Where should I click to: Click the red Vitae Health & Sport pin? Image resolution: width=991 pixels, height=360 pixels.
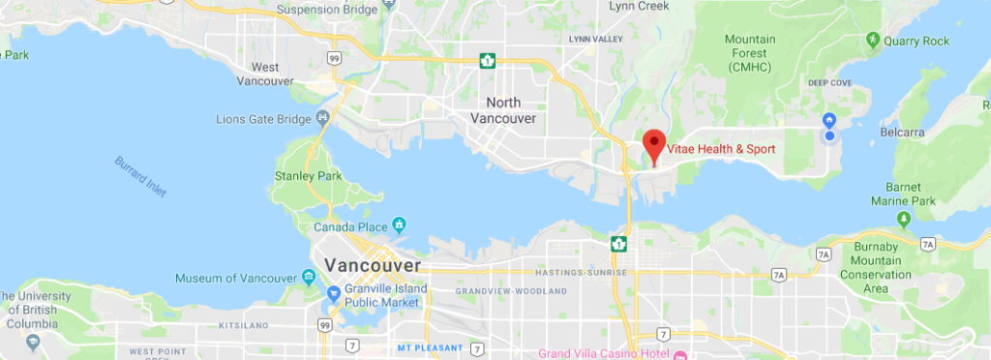tap(654, 144)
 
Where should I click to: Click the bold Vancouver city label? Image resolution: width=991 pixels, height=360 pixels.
tap(373, 264)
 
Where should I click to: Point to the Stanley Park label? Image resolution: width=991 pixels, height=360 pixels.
tap(309, 177)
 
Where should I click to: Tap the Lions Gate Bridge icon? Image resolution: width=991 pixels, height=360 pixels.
tap(323, 118)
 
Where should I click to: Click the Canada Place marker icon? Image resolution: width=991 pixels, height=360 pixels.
tap(398, 226)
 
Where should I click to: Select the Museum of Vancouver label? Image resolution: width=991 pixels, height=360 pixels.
tap(236, 279)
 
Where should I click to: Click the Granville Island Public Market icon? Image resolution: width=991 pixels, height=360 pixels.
tap(332, 292)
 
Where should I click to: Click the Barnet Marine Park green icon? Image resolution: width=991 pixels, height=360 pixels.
tap(902, 218)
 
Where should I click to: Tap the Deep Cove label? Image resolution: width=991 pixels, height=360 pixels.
tap(829, 83)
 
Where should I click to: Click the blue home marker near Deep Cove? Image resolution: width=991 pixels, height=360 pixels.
tap(828, 120)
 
